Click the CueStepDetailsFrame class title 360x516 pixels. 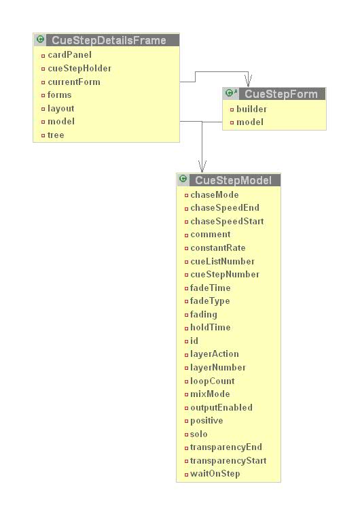pos(109,40)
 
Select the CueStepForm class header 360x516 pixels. pos(281,94)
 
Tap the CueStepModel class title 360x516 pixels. pos(233,180)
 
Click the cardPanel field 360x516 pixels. pos(69,55)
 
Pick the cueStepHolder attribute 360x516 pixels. pos(79,69)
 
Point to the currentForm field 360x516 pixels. pos(74,82)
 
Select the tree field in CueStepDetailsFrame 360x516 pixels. pos(56,135)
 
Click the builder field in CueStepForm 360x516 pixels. pos(251,109)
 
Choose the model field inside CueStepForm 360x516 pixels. pos(250,122)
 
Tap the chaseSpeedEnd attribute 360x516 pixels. pos(225,207)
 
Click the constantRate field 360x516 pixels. pos(217,247)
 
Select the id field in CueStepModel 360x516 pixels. pos(194,341)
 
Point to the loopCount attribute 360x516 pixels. pos(213,381)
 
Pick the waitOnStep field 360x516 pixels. pos(215,474)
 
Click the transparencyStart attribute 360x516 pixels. pos(228,460)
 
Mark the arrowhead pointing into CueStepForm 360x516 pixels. pos(248,81)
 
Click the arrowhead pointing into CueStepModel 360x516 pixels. pos(202,167)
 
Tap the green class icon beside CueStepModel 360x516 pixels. pos(183,179)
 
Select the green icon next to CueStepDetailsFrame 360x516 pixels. pos(40,39)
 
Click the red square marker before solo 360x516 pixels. pos(186,434)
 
